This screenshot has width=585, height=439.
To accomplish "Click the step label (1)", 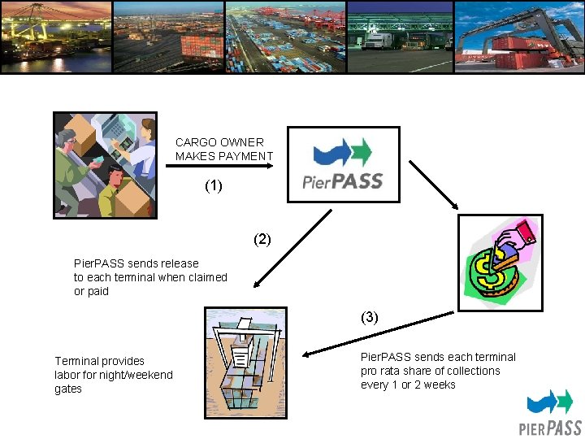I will pyautogui.click(x=213, y=186).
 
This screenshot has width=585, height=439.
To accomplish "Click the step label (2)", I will pyautogui.click(x=262, y=240).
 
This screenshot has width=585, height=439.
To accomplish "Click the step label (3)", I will pyautogui.click(x=370, y=317).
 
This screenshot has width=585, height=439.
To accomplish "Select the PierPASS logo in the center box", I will pyautogui.click(x=344, y=164).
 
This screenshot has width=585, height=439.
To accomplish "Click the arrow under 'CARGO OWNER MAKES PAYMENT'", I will pyautogui.click(x=219, y=167).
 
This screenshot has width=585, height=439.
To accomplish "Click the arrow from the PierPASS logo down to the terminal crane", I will pyautogui.click(x=292, y=248).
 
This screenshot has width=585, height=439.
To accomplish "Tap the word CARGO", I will pyautogui.click(x=193, y=142).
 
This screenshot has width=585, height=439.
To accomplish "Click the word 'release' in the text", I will pyautogui.click(x=180, y=263).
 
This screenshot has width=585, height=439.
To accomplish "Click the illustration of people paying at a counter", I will pyautogui.click(x=105, y=165).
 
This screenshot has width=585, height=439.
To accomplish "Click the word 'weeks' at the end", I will pyautogui.click(x=441, y=385).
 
